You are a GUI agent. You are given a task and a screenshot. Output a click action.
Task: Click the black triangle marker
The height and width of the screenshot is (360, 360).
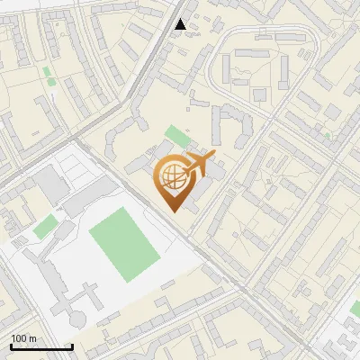[181, 24]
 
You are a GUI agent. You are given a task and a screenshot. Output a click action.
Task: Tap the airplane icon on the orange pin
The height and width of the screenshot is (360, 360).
[200, 166]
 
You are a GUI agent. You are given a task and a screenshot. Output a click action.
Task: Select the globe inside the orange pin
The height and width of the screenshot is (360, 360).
[171, 178]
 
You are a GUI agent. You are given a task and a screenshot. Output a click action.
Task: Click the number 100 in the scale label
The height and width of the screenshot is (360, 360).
[20, 338]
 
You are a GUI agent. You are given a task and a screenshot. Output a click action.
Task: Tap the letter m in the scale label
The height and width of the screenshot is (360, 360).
[33, 338]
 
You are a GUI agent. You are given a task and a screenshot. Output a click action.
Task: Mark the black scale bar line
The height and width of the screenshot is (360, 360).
[41, 346]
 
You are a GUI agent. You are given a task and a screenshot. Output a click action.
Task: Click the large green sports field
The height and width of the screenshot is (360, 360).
[123, 240]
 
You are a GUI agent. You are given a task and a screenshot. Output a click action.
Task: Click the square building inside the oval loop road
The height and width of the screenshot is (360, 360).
[260, 94]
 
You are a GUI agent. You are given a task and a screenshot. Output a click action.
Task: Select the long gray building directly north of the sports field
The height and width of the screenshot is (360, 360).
[90, 193]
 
